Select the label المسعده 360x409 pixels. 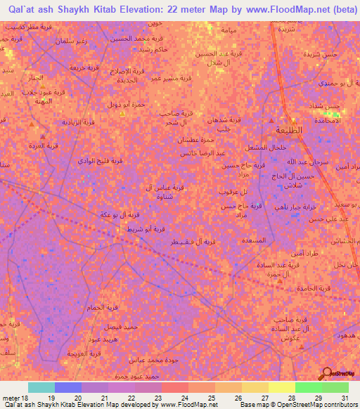(252, 240)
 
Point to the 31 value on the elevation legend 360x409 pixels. (344, 397)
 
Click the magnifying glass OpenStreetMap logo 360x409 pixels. (327, 372)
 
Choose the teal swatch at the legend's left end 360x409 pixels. (41, 387)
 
